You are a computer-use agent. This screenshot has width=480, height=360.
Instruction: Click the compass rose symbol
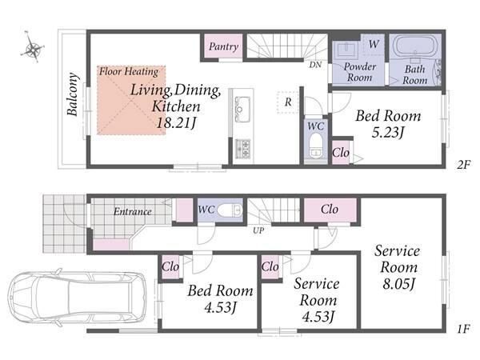33,48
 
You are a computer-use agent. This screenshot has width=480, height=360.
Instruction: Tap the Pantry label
223,46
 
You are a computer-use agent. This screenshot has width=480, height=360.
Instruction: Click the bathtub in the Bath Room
414,46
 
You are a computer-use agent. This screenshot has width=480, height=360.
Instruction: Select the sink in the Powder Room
346,50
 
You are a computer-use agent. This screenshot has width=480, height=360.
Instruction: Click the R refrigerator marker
288,102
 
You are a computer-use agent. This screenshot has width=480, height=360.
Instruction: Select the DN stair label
315,65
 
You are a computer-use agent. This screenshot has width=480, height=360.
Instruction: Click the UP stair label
258,230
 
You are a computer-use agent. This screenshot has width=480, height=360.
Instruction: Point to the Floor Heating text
129,72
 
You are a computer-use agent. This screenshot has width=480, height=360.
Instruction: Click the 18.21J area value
176,123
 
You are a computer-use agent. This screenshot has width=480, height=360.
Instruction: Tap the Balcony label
72,94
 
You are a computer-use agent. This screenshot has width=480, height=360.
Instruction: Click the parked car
77,297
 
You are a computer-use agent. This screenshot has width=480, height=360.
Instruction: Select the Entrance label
133,211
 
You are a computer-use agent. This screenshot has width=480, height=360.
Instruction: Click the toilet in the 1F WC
230,210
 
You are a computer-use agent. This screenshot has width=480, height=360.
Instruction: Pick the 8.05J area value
398,284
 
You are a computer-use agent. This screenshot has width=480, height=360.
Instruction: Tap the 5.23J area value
388,133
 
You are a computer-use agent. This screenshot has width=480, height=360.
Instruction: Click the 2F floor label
463,166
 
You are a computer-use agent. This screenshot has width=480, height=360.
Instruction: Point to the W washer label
374,44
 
